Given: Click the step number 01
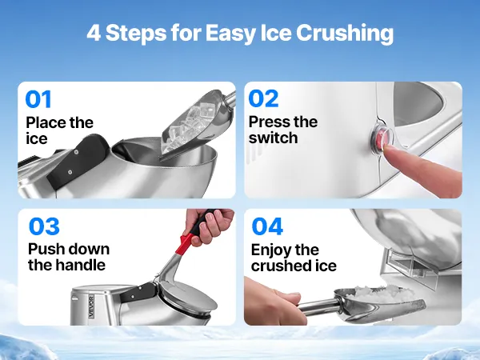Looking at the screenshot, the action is click(x=38, y=99).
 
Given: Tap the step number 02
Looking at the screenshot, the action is click(x=263, y=98).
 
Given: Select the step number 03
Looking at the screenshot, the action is click(x=44, y=226).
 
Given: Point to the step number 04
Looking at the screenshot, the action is click(x=267, y=226).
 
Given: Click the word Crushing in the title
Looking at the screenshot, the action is click(x=344, y=33).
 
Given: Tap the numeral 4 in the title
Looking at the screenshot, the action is click(x=94, y=33).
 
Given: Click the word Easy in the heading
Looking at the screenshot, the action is click(x=230, y=33).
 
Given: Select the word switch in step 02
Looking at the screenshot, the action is click(x=273, y=138).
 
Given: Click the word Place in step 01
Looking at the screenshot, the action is click(x=46, y=122).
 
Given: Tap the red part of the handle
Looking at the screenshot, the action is click(x=186, y=242).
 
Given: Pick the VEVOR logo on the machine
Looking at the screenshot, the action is click(x=92, y=306).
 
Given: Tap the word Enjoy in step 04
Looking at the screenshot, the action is click(x=271, y=250).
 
